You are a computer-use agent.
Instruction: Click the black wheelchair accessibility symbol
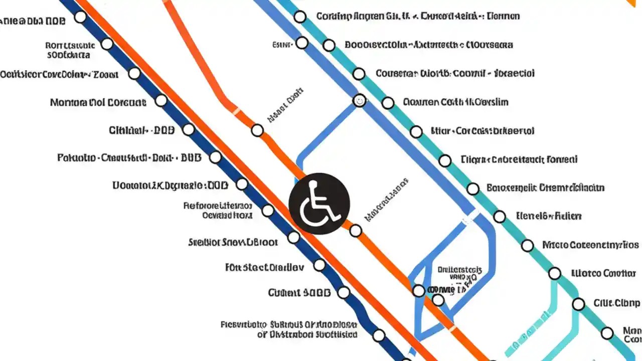click(319, 204)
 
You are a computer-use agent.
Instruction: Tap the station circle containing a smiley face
click(359, 100)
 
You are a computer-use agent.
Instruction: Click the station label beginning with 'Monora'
click(98, 103)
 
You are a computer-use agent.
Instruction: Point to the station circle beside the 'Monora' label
click(161, 101)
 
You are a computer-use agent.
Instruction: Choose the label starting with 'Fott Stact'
click(264, 267)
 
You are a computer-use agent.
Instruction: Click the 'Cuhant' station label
click(299, 293)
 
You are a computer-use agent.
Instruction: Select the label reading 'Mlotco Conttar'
click(603, 274)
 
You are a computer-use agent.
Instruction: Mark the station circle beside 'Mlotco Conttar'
click(554, 273)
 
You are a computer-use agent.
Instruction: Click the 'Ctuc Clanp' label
click(616, 303)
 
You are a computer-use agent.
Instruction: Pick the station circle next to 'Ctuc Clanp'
click(578, 304)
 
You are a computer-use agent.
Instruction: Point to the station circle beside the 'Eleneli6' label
click(500, 217)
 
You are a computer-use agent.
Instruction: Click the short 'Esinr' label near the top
click(282, 45)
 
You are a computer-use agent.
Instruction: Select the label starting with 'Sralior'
click(232, 243)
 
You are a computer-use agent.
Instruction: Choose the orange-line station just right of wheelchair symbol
click(356, 231)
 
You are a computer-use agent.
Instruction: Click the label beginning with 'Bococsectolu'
click(429, 45)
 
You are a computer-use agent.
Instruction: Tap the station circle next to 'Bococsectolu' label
click(329, 46)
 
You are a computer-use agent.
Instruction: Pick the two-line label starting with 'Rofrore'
click(218, 211)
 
